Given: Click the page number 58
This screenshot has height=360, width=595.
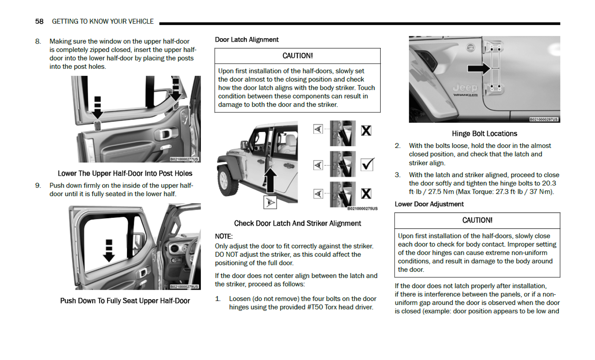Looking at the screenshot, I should pyautogui.click(x=39, y=21).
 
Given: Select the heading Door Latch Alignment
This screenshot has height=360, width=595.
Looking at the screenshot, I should pyautogui.click(x=246, y=40).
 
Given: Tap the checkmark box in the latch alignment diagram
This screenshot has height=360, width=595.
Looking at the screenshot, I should pyautogui.click(x=367, y=164).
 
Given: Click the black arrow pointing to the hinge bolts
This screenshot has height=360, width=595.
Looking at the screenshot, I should pyautogui.click(x=479, y=68).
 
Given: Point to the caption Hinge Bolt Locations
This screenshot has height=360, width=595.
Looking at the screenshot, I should pyautogui.click(x=484, y=134).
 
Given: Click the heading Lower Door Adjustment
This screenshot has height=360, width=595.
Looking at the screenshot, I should pyautogui.click(x=429, y=204).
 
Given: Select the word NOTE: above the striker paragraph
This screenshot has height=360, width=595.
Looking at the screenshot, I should pyautogui.click(x=224, y=236).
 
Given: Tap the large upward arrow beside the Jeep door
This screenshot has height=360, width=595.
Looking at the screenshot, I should pyautogui.click(x=270, y=180).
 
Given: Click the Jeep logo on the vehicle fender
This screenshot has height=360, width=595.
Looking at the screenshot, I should pyautogui.click(x=465, y=88).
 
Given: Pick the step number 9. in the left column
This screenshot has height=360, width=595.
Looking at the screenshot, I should pyautogui.click(x=38, y=186).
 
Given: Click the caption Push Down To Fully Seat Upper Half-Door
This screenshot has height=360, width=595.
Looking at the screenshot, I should pyautogui.click(x=125, y=301).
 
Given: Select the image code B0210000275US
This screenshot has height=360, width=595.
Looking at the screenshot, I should pyautogui.click(x=362, y=209).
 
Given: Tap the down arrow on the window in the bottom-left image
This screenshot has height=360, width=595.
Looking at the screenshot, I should pyautogui.click(x=109, y=251).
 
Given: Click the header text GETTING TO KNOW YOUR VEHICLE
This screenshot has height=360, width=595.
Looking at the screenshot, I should pyautogui.click(x=103, y=21).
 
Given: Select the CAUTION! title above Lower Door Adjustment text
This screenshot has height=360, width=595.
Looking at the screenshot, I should pyautogui.click(x=477, y=220).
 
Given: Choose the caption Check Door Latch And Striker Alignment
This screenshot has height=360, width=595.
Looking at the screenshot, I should pyautogui.click(x=297, y=223).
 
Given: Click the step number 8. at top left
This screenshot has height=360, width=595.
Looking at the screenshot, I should pyautogui.click(x=38, y=41).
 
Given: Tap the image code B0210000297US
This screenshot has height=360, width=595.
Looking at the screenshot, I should pyautogui.click(x=544, y=119).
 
